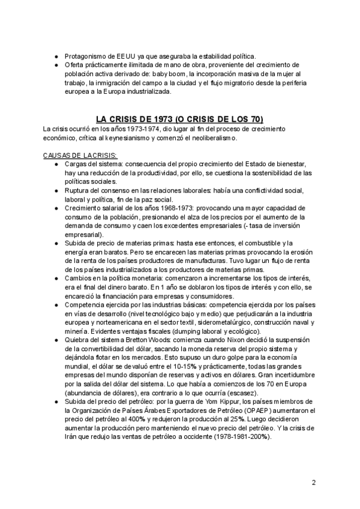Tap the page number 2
tap(314, 483)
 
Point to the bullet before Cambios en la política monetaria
tap(55, 279)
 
